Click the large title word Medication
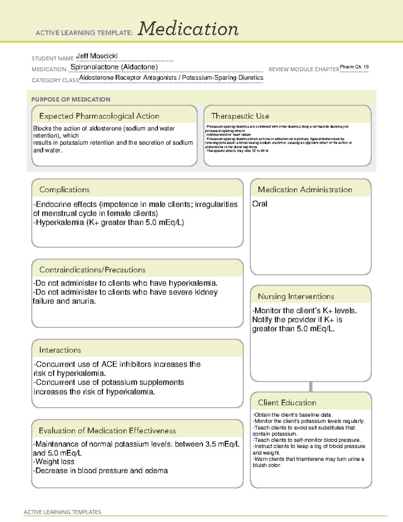click(x=188, y=29)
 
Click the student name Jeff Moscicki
click(x=97, y=56)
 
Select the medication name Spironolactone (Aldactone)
click(x=114, y=67)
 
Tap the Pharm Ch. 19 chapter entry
click(x=354, y=67)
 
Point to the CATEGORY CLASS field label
click(x=55, y=80)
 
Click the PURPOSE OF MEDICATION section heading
click(x=71, y=99)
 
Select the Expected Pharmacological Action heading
click(x=99, y=116)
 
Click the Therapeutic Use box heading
click(x=240, y=116)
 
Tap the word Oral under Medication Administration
click(x=260, y=204)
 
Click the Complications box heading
click(x=64, y=190)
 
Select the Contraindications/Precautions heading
click(x=92, y=270)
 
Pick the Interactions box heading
click(x=60, y=350)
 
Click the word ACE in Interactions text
click(x=109, y=364)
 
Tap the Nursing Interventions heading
click(x=296, y=296)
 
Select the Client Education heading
click(x=287, y=403)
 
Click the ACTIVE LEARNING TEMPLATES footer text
click(x=62, y=512)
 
